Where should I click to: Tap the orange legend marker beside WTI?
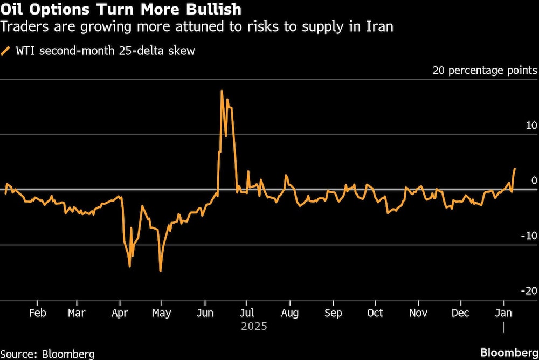coord(6,51)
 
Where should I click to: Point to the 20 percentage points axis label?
coord(485,71)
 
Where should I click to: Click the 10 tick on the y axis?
coord(531,126)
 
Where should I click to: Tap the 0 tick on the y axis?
coord(534,181)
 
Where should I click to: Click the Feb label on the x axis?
coord(37,314)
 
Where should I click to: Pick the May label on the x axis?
coord(162,314)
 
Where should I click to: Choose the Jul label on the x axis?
coord(246,314)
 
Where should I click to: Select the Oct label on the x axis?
coord(375,314)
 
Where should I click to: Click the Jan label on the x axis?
coord(503,314)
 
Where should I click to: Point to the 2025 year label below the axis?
coord(254,327)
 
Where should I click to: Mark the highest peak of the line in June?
coord(222,91)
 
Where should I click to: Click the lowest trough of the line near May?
coord(161,271)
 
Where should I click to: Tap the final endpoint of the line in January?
coord(515,169)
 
